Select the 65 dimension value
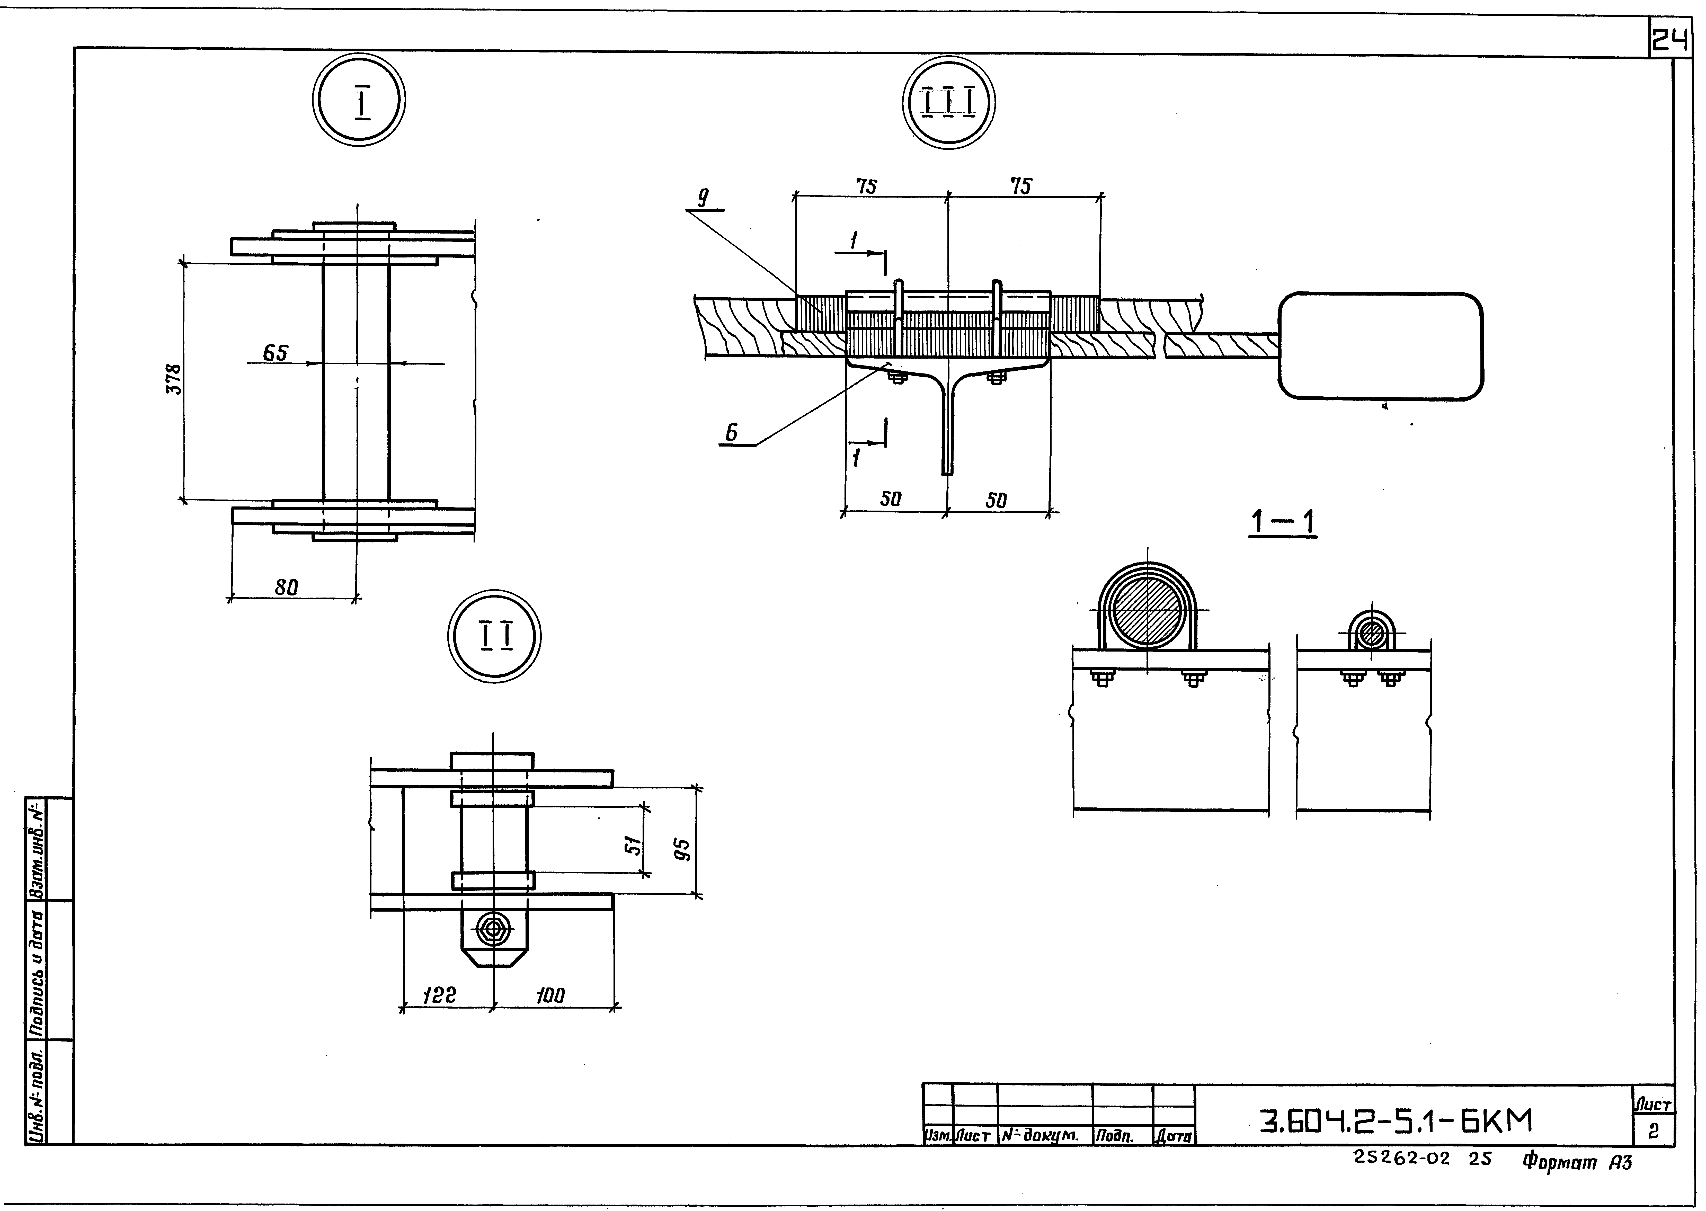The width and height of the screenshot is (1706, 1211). [x=275, y=353]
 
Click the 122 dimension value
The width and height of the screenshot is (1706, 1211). [x=439, y=995]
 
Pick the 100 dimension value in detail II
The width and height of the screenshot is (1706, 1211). [x=550, y=995]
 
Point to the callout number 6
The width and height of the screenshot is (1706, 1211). [x=732, y=432]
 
